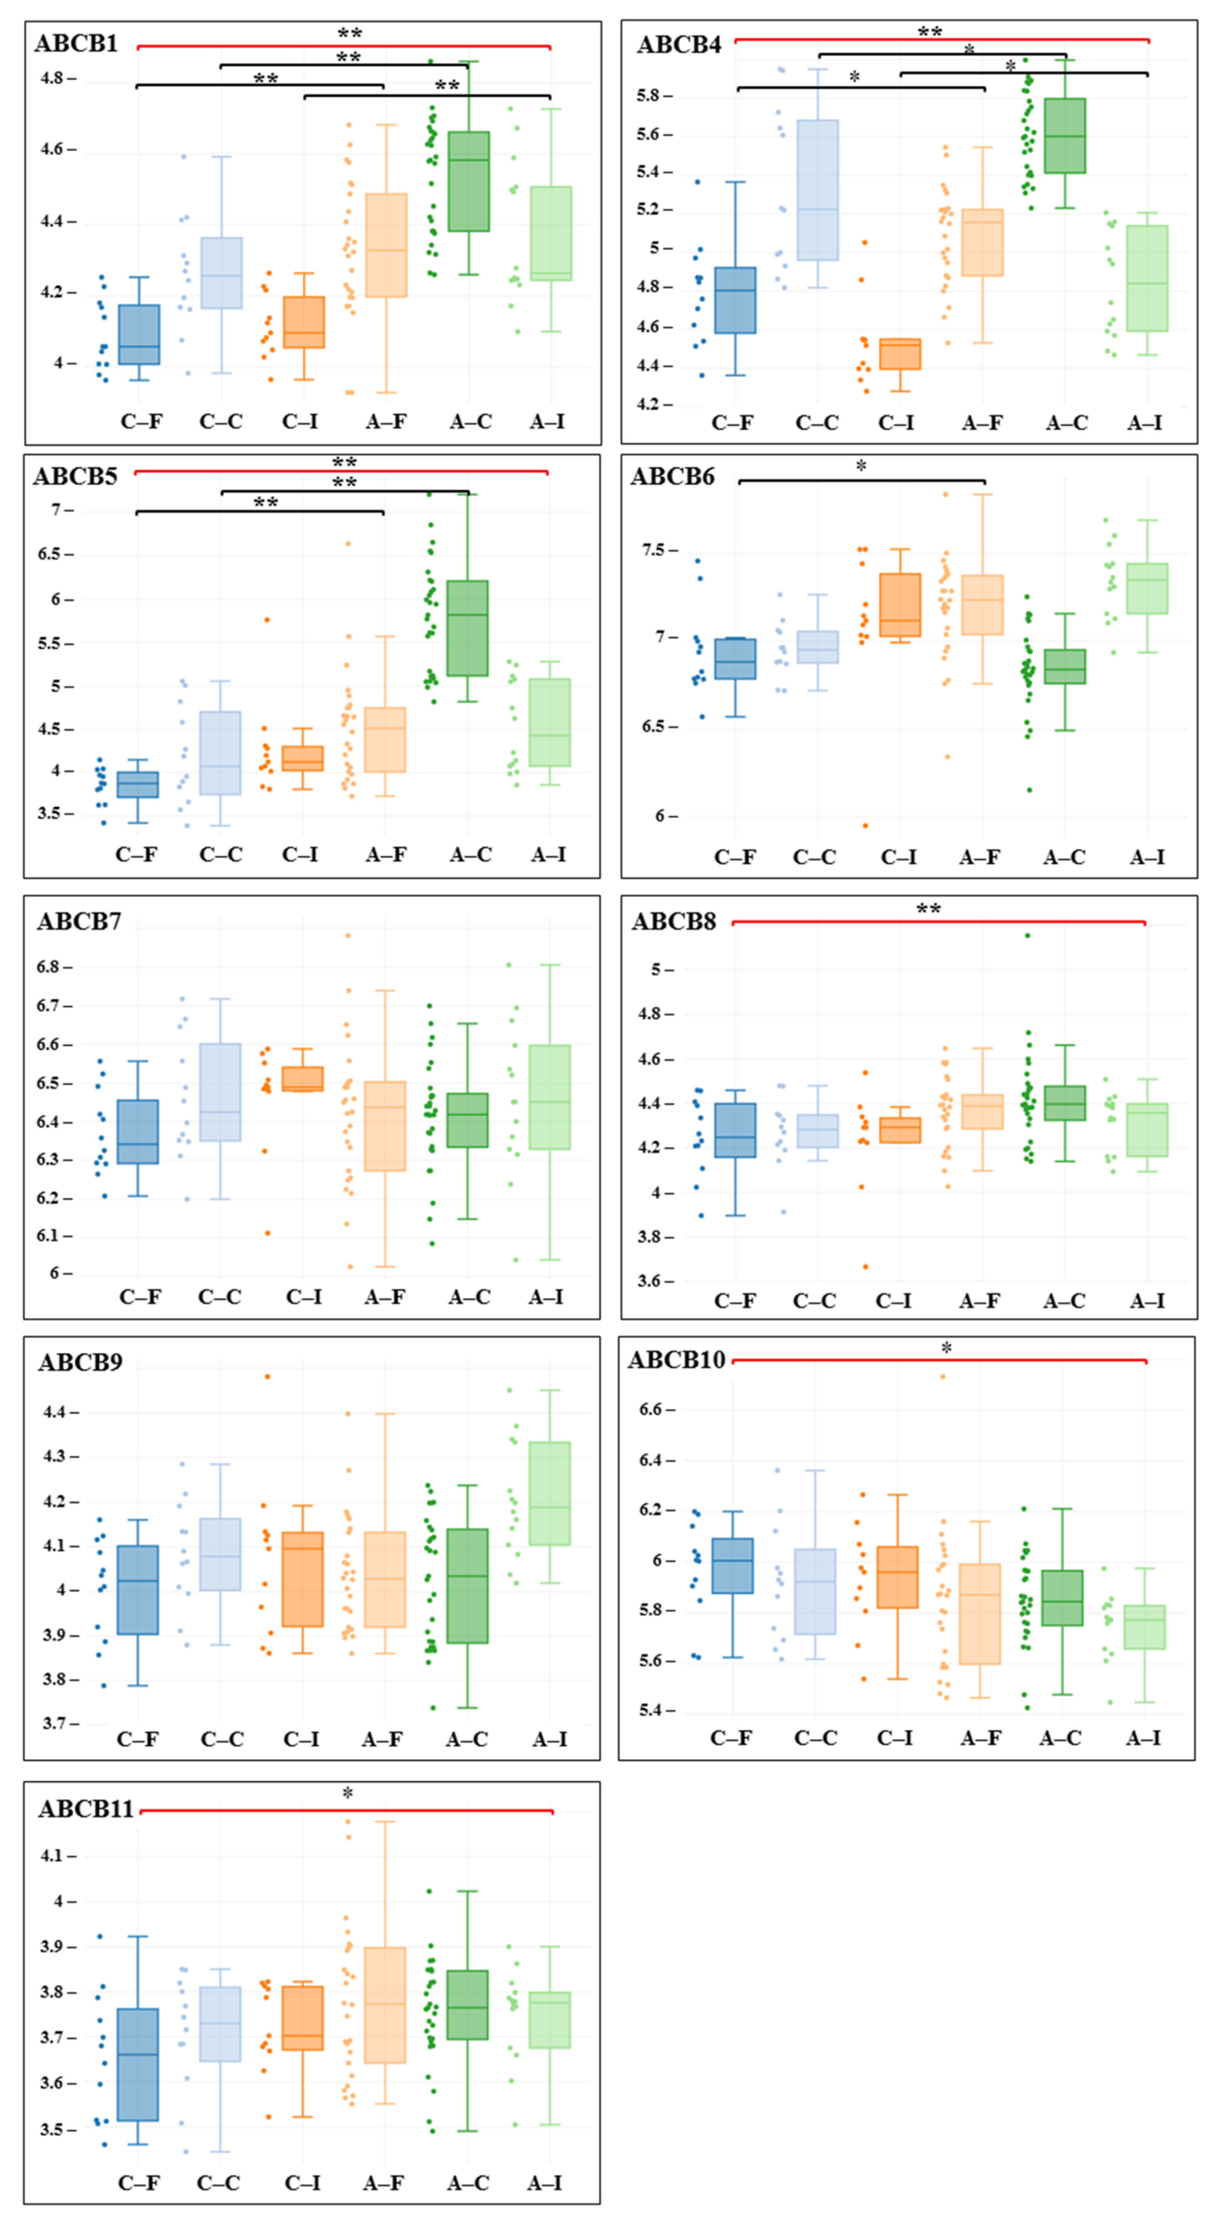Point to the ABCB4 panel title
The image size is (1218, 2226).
tap(678, 45)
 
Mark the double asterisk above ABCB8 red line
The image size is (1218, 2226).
tap(928, 909)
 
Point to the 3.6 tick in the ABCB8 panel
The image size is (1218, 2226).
tap(654, 1281)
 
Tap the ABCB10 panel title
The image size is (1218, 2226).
tap(676, 1360)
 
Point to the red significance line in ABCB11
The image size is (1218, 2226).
tap(346, 1810)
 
